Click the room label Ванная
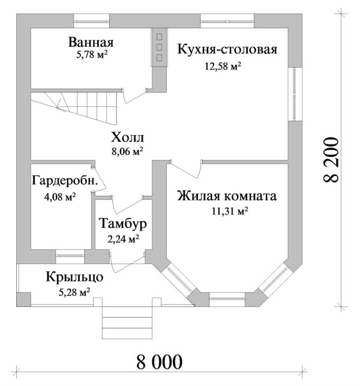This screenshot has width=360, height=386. point(91,42)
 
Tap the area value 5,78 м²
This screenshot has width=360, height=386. point(92,54)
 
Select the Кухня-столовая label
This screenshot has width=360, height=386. point(227,49)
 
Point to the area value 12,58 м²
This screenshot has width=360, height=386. point(223,66)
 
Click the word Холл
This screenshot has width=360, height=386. point(127,137)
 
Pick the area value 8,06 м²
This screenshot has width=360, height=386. point(127,151)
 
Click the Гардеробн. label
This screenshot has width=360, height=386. point(65,181)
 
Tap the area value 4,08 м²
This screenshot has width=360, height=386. point(60,197)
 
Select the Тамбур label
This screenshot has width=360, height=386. point(123,223)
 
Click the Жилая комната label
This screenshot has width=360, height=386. point(227,196)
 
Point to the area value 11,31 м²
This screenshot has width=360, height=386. point(230,211)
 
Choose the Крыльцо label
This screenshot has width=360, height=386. point(74,277)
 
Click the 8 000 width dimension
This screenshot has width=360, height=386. point(160,362)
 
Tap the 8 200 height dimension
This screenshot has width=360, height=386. point(331,160)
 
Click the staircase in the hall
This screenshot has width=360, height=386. point(74,107)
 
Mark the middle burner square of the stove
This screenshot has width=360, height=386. point(159,47)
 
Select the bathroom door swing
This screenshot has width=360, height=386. point(134,95)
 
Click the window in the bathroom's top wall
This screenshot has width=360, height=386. point(92,21)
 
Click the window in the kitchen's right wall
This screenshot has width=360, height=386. point(295,94)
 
